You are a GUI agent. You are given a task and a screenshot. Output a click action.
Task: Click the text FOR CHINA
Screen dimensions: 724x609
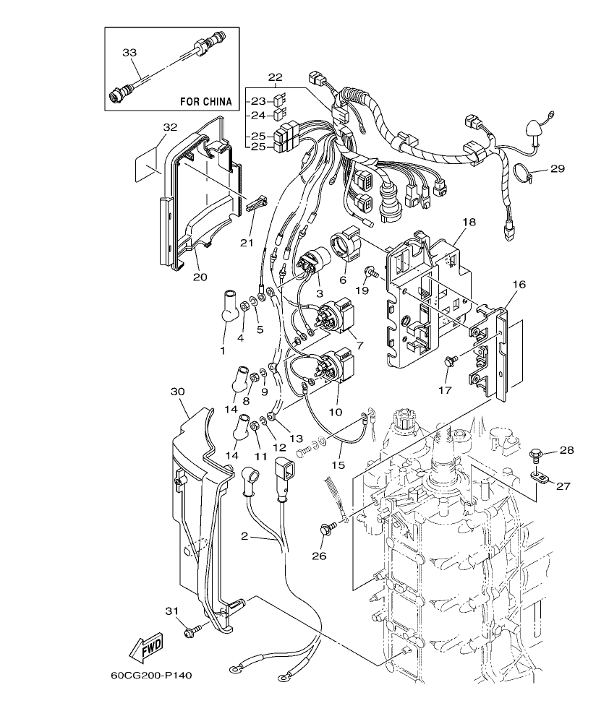tap(205, 102)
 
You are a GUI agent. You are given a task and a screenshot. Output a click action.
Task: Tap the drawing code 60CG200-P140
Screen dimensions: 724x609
tap(151, 677)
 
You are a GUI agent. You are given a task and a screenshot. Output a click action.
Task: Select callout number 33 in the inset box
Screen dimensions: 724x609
tap(129, 52)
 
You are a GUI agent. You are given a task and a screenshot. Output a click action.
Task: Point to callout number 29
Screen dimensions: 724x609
tap(556, 168)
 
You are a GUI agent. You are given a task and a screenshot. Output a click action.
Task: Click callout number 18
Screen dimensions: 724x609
tap(469, 222)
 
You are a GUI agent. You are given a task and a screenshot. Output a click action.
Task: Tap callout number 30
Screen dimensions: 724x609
tap(178, 391)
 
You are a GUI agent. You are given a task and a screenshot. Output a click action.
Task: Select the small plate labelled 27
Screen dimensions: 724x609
tap(539, 476)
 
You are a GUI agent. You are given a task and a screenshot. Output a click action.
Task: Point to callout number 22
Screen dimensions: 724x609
tap(275, 77)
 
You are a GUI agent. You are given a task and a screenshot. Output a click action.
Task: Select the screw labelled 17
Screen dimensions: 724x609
tap(449, 361)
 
